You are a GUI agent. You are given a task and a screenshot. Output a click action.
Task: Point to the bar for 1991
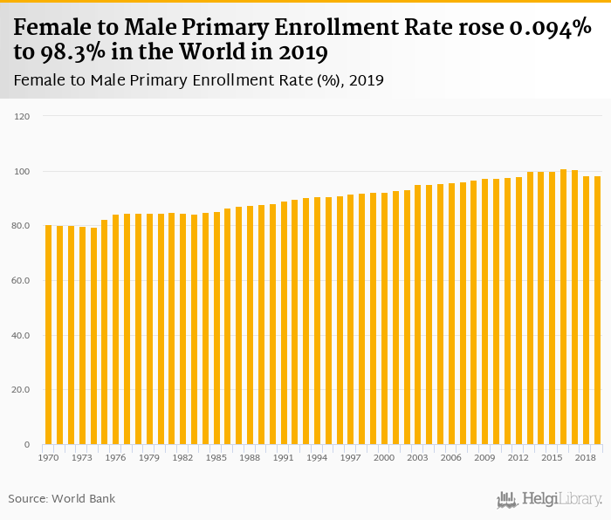click(x=284, y=323)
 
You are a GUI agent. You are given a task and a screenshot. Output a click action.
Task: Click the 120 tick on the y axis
click(x=23, y=116)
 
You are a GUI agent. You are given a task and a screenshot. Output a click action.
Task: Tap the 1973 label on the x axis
click(x=82, y=457)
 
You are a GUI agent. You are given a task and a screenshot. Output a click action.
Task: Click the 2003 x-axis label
click(x=418, y=457)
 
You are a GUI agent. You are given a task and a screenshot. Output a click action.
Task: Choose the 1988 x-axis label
click(x=251, y=457)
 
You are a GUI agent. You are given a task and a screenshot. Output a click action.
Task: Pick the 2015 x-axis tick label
click(x=553, y=457)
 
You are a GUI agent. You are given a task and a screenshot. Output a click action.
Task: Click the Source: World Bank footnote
click(x=62, y=498)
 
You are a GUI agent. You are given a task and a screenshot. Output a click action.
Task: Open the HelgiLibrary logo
click(x=549, y=499)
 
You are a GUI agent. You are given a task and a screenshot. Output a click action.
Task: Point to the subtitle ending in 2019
click(x=200, y=80)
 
